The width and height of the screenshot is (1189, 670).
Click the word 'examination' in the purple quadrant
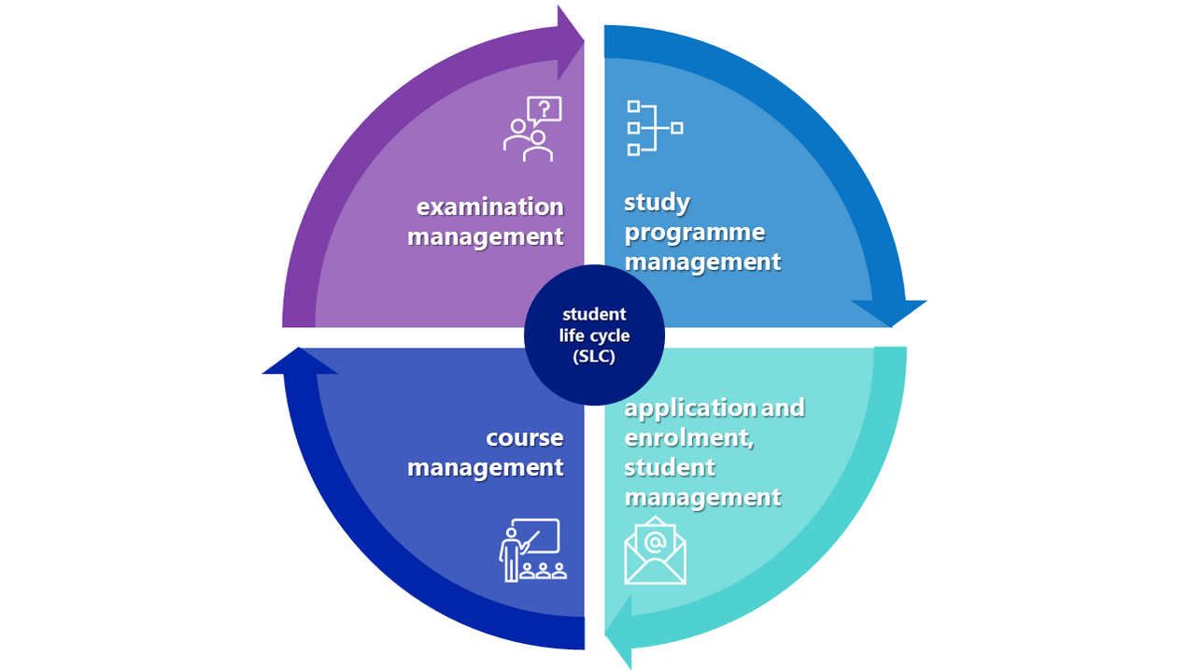[x=490, y=207]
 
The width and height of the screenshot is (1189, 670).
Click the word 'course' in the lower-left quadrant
[x=524, y=438]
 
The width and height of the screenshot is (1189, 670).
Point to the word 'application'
[x=690, y=408]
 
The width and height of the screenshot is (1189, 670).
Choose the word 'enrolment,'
[x=689, y=438]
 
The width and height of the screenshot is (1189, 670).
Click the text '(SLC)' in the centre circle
[x=594, y=356]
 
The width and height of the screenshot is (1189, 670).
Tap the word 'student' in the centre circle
[x=594, y=314]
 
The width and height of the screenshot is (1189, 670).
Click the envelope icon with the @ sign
[x=655, y=550]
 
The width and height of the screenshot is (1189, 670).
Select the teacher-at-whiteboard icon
[x=533, y=550]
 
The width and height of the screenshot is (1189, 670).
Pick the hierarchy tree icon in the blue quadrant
[x=655, y=128]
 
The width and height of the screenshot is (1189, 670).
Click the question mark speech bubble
[x=545, y=110]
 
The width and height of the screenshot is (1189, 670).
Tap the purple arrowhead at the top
[x=571, y=42]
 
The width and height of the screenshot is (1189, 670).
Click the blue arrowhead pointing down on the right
[x=890, y=313]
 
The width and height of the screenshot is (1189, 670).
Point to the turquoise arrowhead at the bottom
[x=618, y=632]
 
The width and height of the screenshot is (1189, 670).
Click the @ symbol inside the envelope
[x=655, y=542]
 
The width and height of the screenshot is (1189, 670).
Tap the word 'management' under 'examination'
[x=485, y=237]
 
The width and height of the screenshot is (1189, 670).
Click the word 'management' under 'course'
[x=485, y=468]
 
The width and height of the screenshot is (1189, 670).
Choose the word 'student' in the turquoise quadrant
[x=670, y=468]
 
